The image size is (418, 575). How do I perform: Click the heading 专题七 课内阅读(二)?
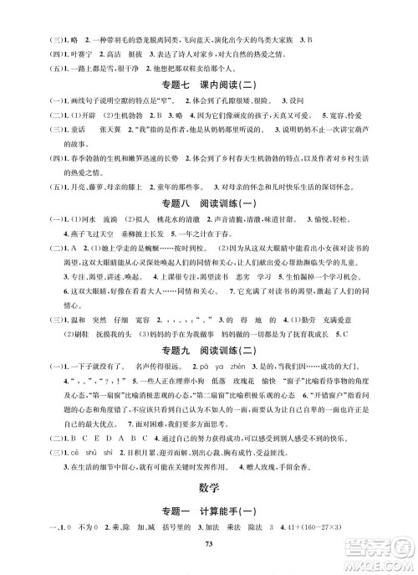click(x=209, y=86)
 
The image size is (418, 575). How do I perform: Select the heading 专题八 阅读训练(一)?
click(x=209, y=205)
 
